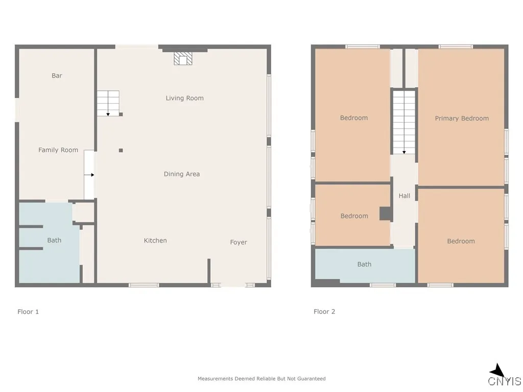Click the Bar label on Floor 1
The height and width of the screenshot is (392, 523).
57,76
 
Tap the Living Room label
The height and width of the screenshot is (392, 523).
184,98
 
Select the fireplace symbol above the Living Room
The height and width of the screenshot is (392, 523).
184,59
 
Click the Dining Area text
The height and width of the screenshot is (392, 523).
181,174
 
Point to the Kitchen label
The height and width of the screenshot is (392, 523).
155,240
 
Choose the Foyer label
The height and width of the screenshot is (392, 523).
239,242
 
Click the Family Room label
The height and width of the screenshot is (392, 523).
58,150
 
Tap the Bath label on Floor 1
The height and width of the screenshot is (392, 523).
54,240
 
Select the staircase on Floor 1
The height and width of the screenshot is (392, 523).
108,103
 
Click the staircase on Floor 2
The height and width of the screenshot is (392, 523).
404,121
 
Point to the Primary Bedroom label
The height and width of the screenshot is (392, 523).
462,118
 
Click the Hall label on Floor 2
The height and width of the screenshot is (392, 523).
405,195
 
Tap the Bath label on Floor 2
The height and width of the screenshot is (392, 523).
364,264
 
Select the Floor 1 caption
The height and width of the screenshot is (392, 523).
28,311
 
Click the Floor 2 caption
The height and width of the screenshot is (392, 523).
324,311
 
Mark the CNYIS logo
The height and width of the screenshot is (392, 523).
504,377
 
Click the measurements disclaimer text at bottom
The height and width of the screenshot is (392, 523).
261,379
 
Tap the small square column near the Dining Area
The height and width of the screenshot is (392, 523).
121,150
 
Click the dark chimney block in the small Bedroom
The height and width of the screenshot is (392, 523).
386,214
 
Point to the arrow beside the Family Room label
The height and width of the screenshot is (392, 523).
90,175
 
